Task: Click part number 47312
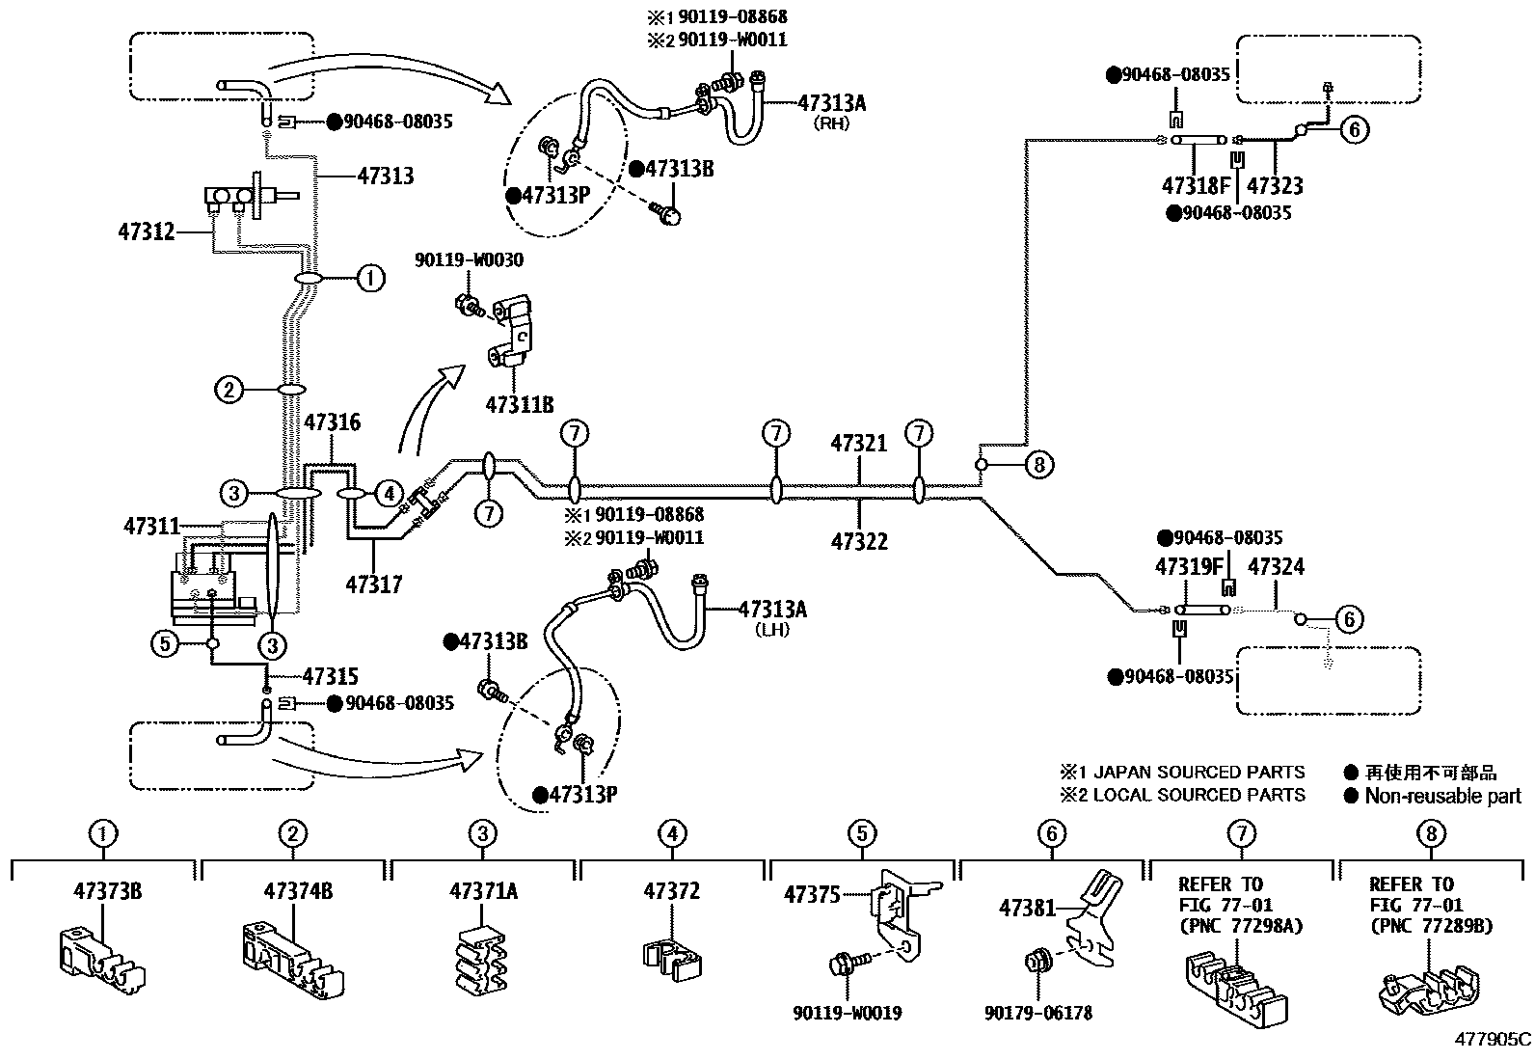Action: [147, 232]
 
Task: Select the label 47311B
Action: [520, 405]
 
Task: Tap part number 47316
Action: [333, 422]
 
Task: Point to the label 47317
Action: [374, 584]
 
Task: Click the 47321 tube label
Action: [858, 443]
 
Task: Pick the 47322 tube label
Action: [858, 541]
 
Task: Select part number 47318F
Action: [1197, 185]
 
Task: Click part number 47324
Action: [1276, 566]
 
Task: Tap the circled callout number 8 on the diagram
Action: [1038, 466]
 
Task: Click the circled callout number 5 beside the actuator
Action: [166, 643]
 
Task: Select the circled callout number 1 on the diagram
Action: [370, 279]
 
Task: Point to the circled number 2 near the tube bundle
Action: [229, 390]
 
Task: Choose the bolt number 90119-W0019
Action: [847, 1014]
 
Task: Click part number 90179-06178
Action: [1038, 1014]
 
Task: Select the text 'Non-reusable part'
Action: [1442, 797]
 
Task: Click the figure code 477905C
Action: [1493, 1041]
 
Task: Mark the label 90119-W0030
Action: [470, 260]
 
